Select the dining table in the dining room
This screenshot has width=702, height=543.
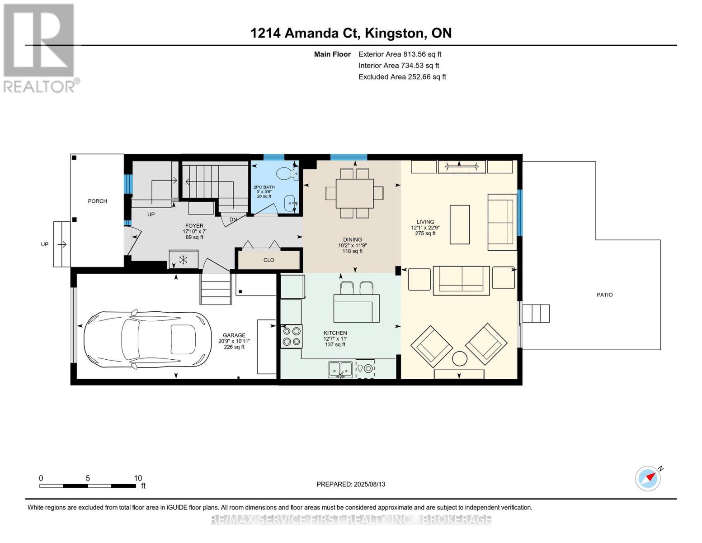[x=355, y=193]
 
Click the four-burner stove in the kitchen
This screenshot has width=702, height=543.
[x=292, y=336]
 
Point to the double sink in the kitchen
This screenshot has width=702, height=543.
[x=340, y=370]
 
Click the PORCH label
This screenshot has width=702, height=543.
[x=97, y=201]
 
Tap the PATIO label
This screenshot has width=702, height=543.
[x=604, y=295]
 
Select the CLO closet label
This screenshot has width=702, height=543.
[x=269, y=260]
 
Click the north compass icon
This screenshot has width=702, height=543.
[x=648, y=478]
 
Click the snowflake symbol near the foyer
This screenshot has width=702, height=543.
[x=184, y=259]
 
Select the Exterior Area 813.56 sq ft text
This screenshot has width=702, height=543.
[x=400, y=54]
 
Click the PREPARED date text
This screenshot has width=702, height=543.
[x=351, y=484]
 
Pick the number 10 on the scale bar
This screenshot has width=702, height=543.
[x=138, y=478]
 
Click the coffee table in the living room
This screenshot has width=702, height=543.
[x=459, y=224]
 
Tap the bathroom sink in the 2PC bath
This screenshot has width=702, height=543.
[x=291, y=203]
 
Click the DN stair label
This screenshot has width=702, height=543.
[x=233, y=219]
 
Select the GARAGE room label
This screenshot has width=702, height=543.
[x=234, y=335]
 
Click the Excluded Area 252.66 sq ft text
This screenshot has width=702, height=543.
[x=402, y=77]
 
